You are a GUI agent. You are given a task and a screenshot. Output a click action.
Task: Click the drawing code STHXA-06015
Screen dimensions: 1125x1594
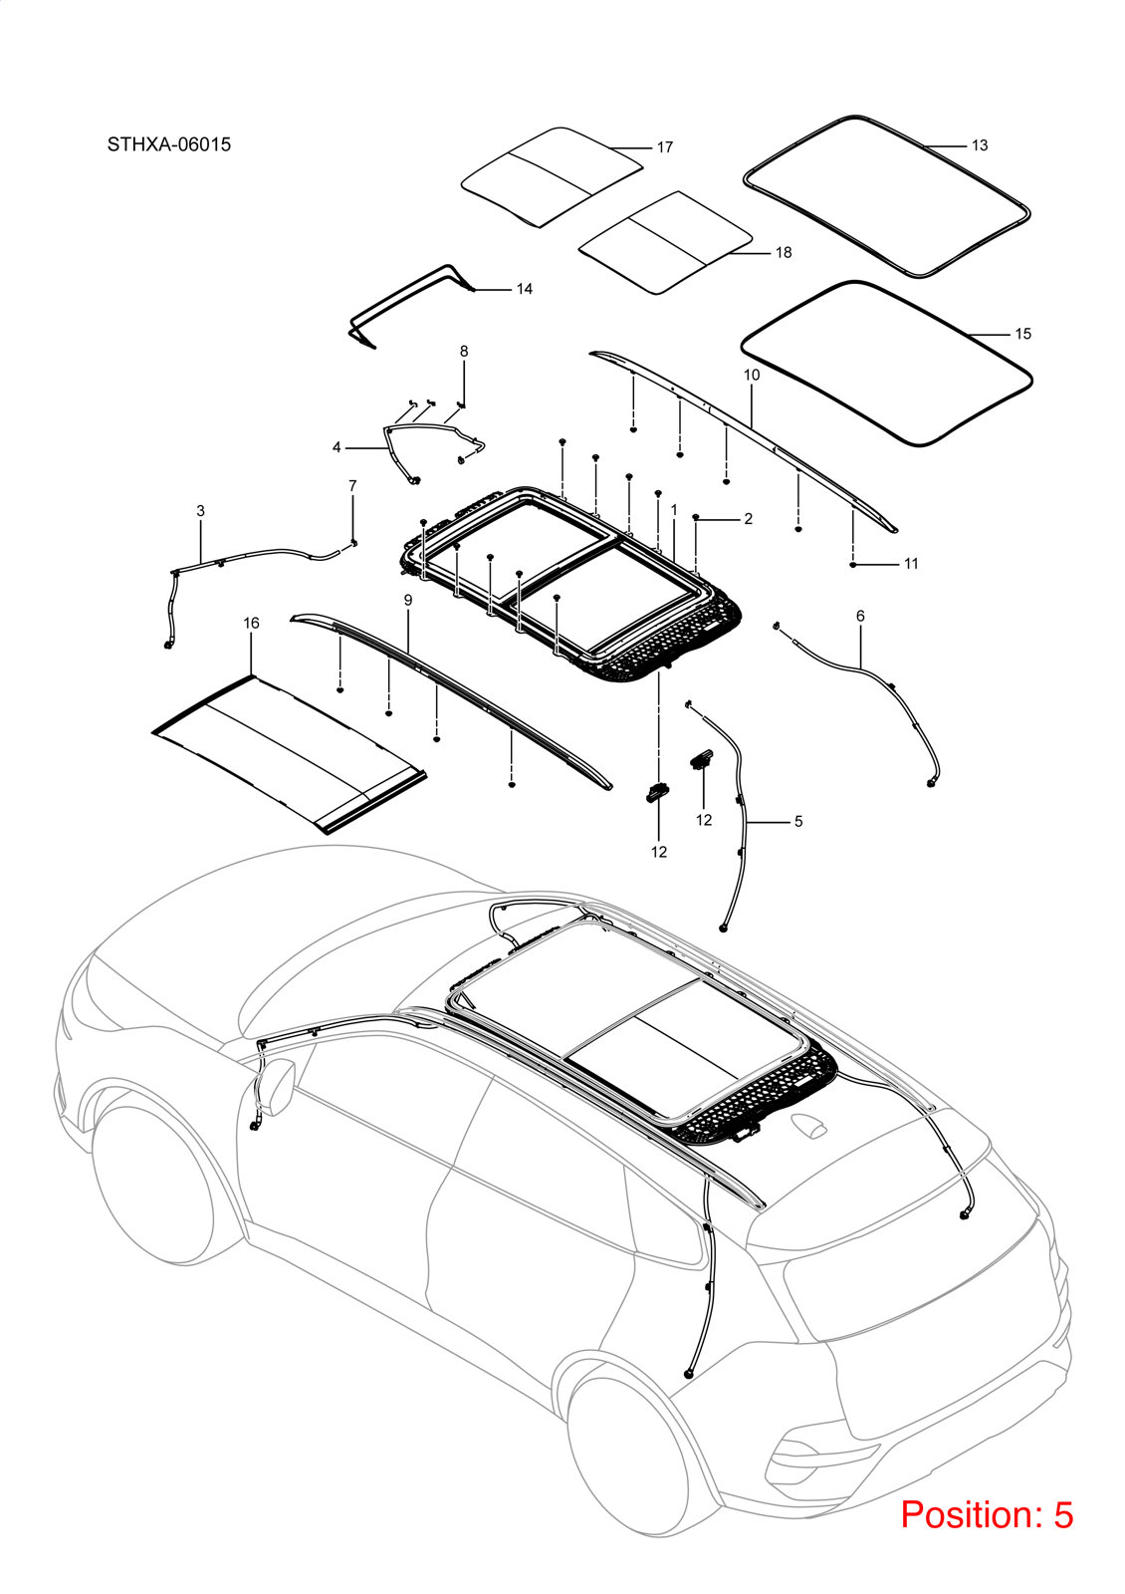169,144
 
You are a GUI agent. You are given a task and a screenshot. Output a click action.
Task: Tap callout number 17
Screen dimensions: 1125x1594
665,147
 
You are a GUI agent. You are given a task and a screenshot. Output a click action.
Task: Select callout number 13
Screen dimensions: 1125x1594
980,145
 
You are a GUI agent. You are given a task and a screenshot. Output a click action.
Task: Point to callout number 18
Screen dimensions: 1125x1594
784,253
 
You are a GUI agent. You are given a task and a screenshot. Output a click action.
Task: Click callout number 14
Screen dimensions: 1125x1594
524,289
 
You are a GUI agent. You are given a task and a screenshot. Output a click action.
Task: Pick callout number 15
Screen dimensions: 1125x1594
1023,334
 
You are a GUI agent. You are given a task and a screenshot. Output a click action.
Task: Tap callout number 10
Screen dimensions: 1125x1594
752,375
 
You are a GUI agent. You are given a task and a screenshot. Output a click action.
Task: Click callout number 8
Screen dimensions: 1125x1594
464,351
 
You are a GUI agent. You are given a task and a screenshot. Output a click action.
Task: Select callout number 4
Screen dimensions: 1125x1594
337,447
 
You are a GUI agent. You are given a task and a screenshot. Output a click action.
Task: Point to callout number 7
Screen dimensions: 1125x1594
352,485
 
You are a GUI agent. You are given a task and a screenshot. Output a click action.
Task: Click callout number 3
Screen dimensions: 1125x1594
200,511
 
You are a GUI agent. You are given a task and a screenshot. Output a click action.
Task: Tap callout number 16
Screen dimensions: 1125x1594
251,624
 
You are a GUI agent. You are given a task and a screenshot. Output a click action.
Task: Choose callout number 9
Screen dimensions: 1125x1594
408,601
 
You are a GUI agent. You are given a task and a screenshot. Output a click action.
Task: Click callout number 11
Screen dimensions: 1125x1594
912,564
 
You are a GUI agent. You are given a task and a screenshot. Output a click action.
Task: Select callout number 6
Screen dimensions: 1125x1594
860,616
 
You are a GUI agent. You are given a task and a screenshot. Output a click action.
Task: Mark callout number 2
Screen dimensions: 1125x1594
748,519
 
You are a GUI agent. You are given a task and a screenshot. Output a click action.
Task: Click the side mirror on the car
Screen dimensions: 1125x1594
278,1087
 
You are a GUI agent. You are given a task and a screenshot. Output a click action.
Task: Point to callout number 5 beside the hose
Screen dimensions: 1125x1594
798,822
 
